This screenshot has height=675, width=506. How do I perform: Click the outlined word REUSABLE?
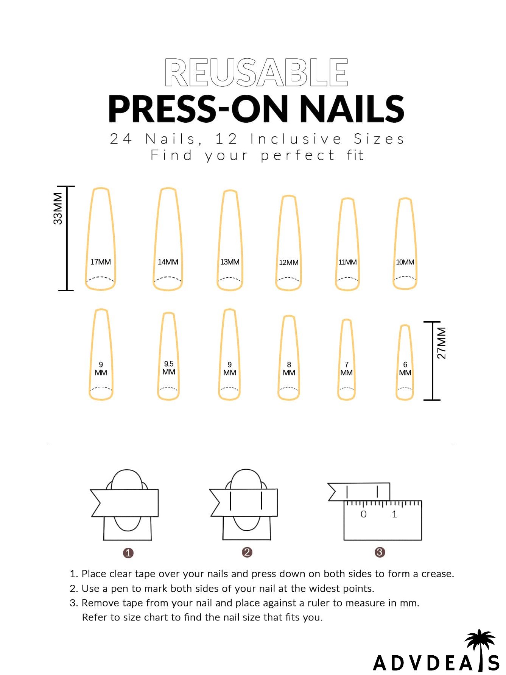point(256,73)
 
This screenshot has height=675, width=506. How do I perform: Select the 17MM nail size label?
point(101,262)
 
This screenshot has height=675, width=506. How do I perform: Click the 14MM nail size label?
point(168,262)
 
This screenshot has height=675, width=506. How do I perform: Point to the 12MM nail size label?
point(289,262)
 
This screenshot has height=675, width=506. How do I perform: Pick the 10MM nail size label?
point(405,262)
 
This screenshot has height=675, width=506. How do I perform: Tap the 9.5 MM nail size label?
point(169,368)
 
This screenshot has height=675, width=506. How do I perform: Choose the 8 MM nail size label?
point(289,369)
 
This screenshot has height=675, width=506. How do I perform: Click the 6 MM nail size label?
point(405,369)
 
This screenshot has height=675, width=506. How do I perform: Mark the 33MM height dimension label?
point(58,209)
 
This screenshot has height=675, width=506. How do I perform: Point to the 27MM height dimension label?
point(442,343)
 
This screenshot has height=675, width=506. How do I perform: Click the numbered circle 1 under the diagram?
point(128,553)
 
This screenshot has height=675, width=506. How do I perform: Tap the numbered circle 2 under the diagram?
point(247,552)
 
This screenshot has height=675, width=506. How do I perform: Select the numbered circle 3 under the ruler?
point(380,552)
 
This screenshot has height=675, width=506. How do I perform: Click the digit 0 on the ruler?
point(363,514)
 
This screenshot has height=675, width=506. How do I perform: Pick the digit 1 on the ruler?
point(394,514)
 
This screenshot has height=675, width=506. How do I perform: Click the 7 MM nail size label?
point(346,369)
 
